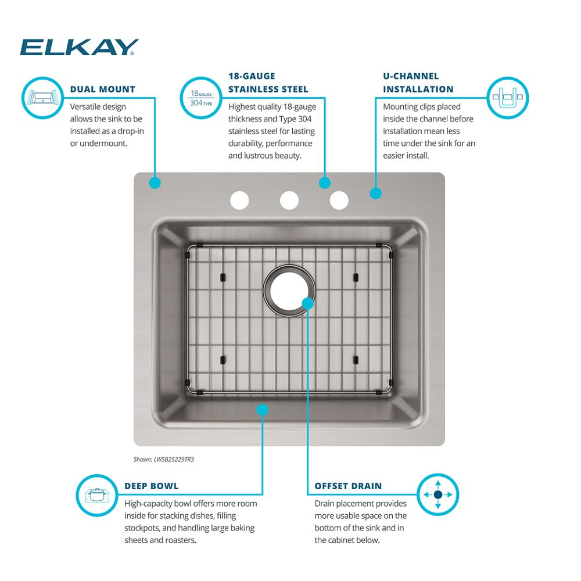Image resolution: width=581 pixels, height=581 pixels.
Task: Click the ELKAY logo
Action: click(x=79, y=47)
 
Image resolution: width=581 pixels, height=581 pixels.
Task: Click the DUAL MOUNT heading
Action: click(x=102, y=89)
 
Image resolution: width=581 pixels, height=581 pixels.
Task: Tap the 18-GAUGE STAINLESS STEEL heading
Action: click(x=268, y=83)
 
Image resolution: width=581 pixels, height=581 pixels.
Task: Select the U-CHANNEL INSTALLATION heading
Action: click(x=418, y=83)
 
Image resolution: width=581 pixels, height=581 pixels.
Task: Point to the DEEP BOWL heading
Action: click(x=151, y=486)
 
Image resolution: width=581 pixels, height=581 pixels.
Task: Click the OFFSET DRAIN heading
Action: click(x=348, y=486)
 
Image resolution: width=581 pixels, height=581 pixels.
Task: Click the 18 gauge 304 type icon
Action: click(x=201, y=98)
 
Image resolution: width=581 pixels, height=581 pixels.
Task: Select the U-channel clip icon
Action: click(x=507, y=97)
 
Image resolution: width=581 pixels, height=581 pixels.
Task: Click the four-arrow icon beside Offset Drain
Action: click(x=438, y=494)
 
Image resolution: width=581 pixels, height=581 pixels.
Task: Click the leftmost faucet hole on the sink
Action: click(x=239, y=200)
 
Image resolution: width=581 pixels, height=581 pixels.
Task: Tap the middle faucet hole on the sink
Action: click(x=289, y=200)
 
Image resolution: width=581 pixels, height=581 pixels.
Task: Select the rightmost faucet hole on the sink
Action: click(x=339, y=200)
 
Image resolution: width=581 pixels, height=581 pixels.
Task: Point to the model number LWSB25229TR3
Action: click(x=163, y=460)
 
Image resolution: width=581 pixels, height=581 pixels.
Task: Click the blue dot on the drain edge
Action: click(x=308, y=303)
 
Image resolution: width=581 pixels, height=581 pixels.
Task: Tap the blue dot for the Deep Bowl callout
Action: click(x=262, y=410)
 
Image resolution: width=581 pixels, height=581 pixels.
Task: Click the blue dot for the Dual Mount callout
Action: click(x=155, y=183)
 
